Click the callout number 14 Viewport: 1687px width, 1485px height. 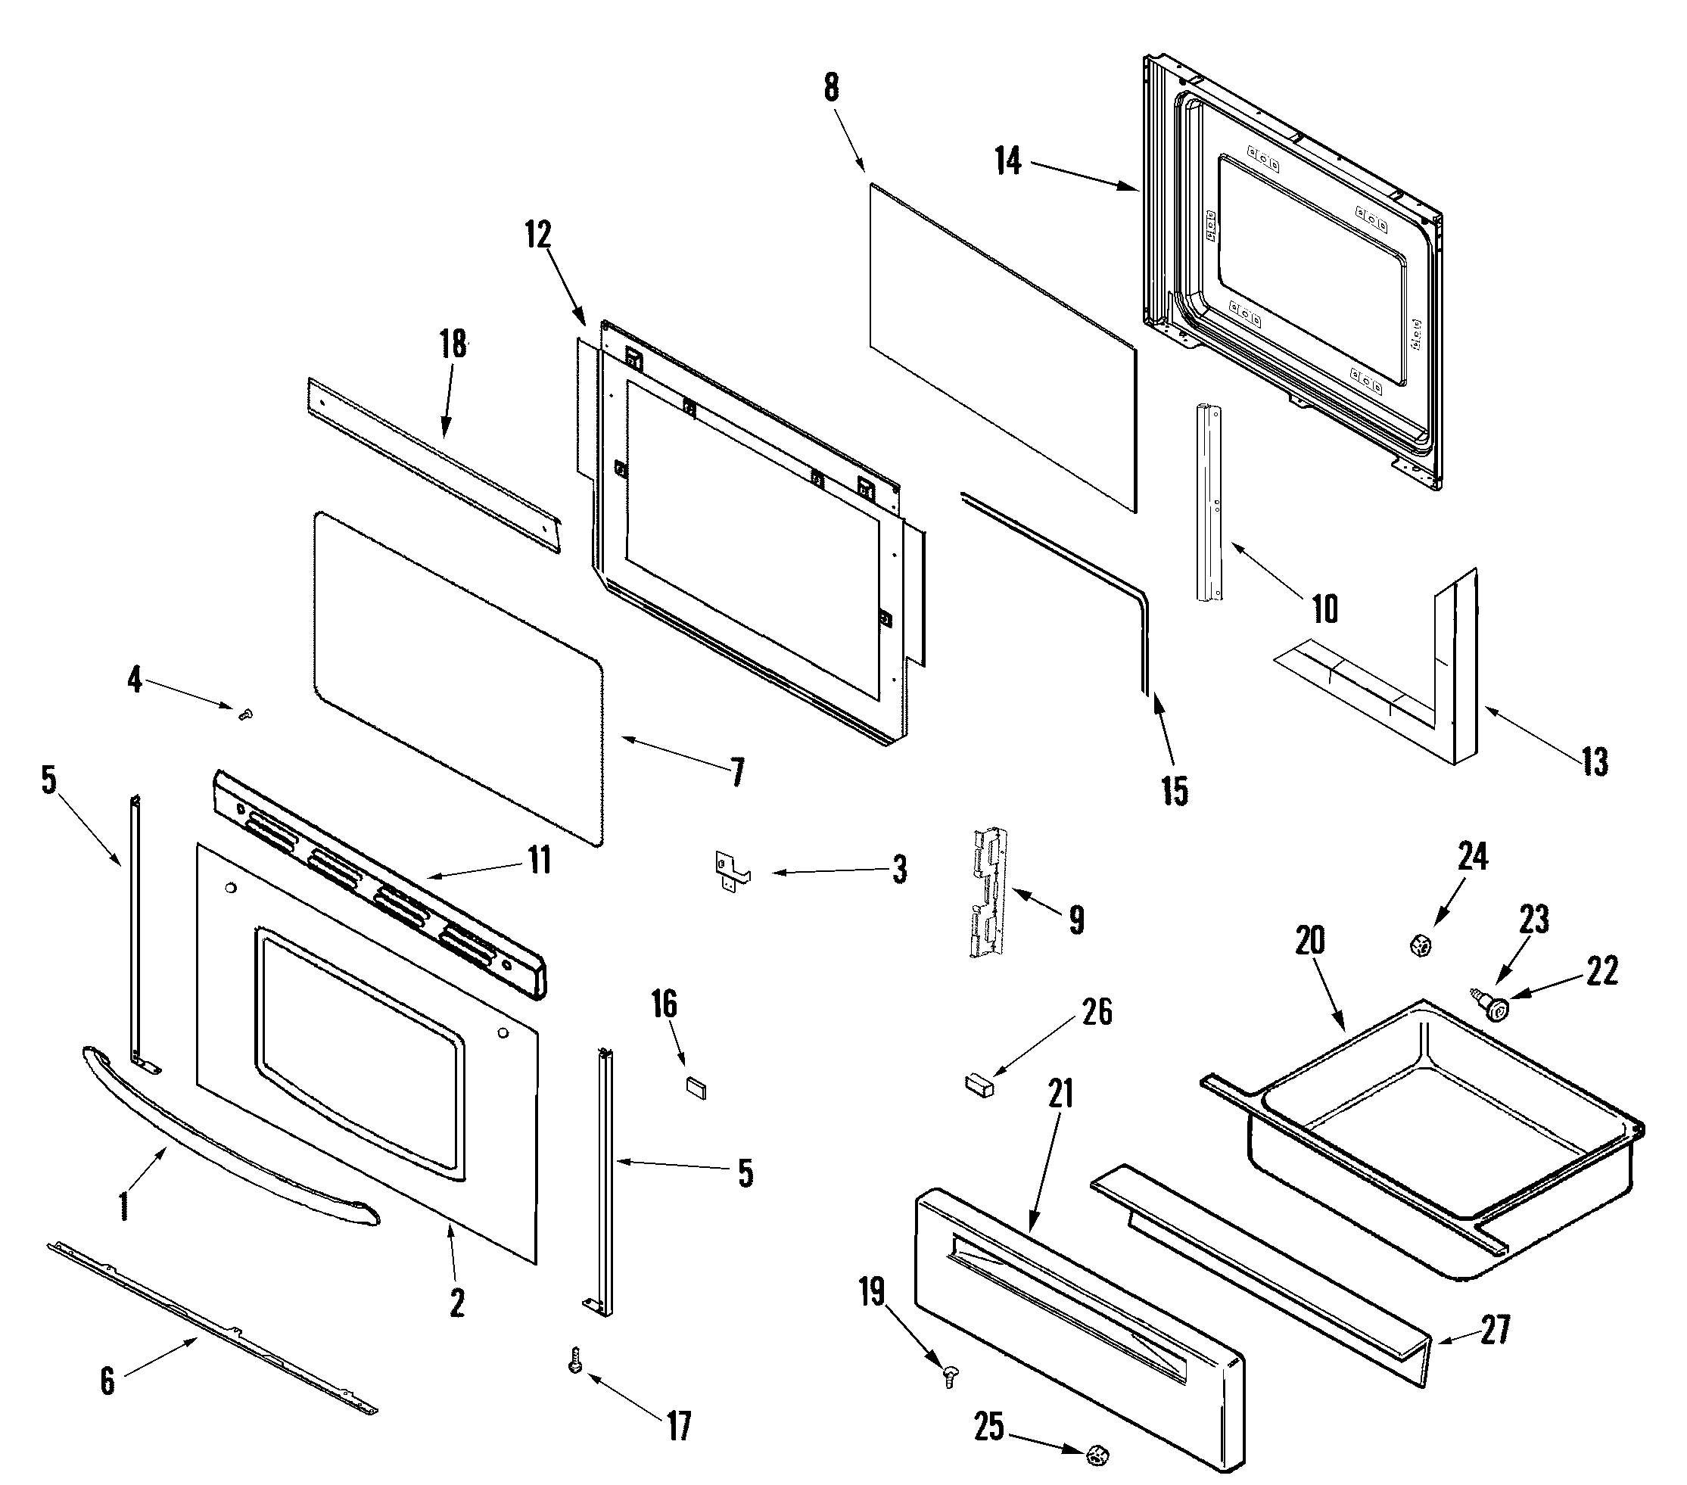click(1008, 160)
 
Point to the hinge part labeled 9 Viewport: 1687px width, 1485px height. click(988, 892)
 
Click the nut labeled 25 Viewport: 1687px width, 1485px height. click(1096, 1452)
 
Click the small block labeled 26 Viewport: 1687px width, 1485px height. click(979, 1084)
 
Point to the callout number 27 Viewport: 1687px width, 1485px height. click(1495, 1331)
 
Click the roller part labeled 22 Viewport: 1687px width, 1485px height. click(1492, 1007)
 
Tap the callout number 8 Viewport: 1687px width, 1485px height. click(831, 88)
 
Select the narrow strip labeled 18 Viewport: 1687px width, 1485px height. click(434, 467)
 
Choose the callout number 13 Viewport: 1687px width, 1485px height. click(1595, 762)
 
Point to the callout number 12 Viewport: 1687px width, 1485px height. click(538, 235)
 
